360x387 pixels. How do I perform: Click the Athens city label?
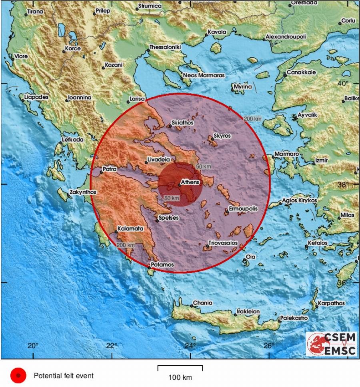[x=190, y=182]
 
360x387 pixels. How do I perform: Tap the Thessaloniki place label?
[x=165, y=47]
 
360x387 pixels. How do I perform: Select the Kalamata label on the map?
[x=130, y=229]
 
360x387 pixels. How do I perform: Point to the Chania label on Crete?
[x=202, y=303]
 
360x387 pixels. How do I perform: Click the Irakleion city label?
[x=248, y=311]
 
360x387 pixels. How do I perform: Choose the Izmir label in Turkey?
[x=322, y=160]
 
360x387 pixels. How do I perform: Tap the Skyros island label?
[x=222, y=136]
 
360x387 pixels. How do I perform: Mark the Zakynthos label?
[x=83, y=192]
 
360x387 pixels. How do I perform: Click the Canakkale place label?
[x=301, y=72]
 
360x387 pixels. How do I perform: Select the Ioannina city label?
[x=80, y=97]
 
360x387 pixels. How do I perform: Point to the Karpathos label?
[x=331, y=303]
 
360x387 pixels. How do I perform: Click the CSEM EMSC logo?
[x=331, y=344]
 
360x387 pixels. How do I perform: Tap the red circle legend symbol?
[x=18, y=376]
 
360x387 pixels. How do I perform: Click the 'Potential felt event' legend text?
[x=64, y=376]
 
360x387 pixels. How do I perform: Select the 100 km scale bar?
[x=180, y=368]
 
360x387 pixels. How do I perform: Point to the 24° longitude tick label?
[x=190, y=346]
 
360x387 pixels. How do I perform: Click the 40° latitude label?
[x=343, y=83]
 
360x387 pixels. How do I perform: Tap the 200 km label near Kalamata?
[x=126, y=245]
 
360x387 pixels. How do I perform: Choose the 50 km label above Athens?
[x=203, y=166]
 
